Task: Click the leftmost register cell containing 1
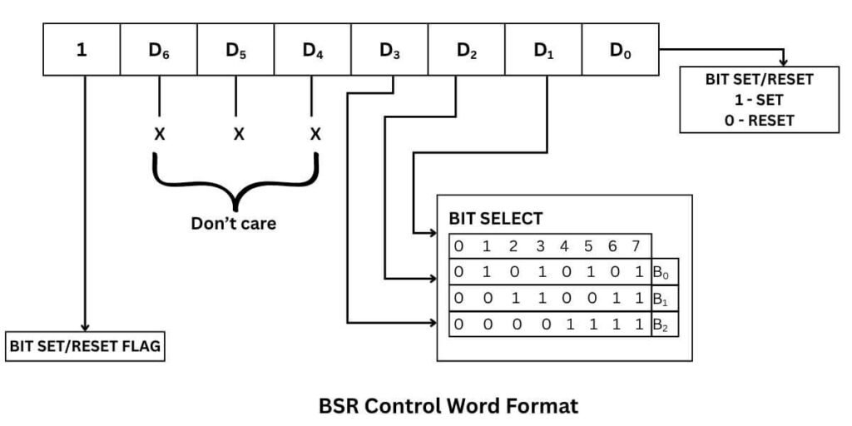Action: (82, 50)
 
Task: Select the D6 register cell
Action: (159, 50)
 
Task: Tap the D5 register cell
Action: (235, 50)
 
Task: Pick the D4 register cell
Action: (313, 50)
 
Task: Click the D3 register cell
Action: (389, 50)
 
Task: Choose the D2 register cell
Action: (467, 50)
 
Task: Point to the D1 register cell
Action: (543, 50)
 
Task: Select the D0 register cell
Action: (620, 50)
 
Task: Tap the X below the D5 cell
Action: (238, 133)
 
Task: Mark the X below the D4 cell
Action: (315, 133)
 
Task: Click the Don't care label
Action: (234, 223)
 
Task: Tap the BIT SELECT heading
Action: (496, 220)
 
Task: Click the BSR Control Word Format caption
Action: (448, 407)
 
